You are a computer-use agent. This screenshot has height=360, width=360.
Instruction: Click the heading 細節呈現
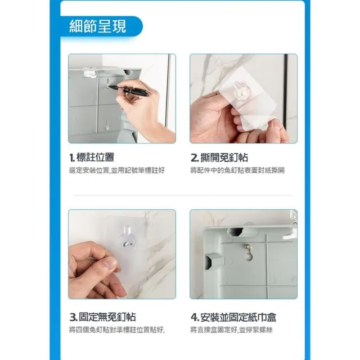[98, 26]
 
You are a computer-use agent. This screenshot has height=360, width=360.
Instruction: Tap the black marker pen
[129, 91]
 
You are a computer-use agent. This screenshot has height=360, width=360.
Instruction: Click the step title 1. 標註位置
[92, 157]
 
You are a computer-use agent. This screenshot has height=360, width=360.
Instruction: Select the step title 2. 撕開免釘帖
[219, 157]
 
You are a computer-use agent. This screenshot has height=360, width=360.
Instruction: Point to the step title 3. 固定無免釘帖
[102, 317]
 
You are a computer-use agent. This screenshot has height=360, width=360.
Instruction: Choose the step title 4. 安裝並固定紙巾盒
[233, 317]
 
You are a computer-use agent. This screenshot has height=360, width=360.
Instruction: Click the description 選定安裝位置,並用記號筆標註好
[117, 170]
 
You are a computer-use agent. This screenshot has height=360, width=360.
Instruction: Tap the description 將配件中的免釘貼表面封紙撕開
[237, 170]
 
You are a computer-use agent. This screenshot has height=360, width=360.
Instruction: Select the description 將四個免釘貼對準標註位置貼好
[117, 330]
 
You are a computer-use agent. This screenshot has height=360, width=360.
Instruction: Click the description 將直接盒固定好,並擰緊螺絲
[231, 330]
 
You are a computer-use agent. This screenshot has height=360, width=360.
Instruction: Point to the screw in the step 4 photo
[246, 246]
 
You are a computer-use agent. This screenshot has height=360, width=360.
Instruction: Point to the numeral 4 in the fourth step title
[194, 317]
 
